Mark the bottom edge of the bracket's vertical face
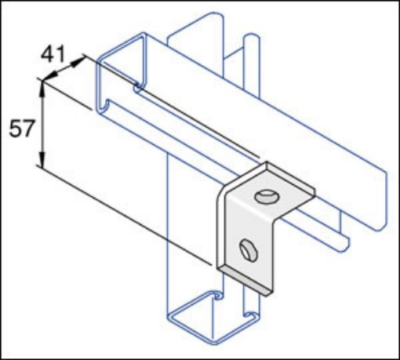(x=244, y=275)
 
